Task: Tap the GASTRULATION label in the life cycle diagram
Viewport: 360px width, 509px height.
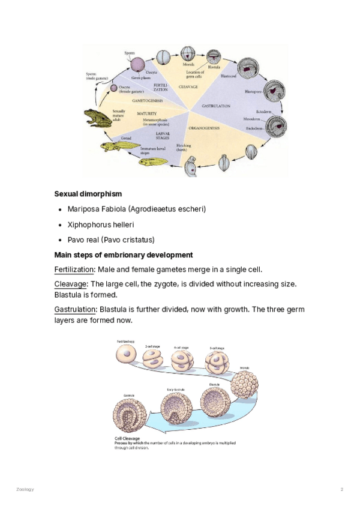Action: pyautogui.click(x=217, y=106)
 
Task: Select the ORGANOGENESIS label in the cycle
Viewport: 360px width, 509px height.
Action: pyautogui.click(x=204, y=128)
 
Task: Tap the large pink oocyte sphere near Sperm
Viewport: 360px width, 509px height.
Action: pyautogui.click(x=138, y=65)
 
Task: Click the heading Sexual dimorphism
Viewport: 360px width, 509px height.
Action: pyautogui.click(x=88, y=194)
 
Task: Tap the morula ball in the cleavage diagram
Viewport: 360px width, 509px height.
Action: pyautogui.click(x=244, y=383)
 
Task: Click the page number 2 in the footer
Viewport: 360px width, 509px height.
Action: pyautogui.click(x=341, y=490)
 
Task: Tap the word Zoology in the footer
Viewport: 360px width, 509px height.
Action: pyautogui.click(x=25, y=490)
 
